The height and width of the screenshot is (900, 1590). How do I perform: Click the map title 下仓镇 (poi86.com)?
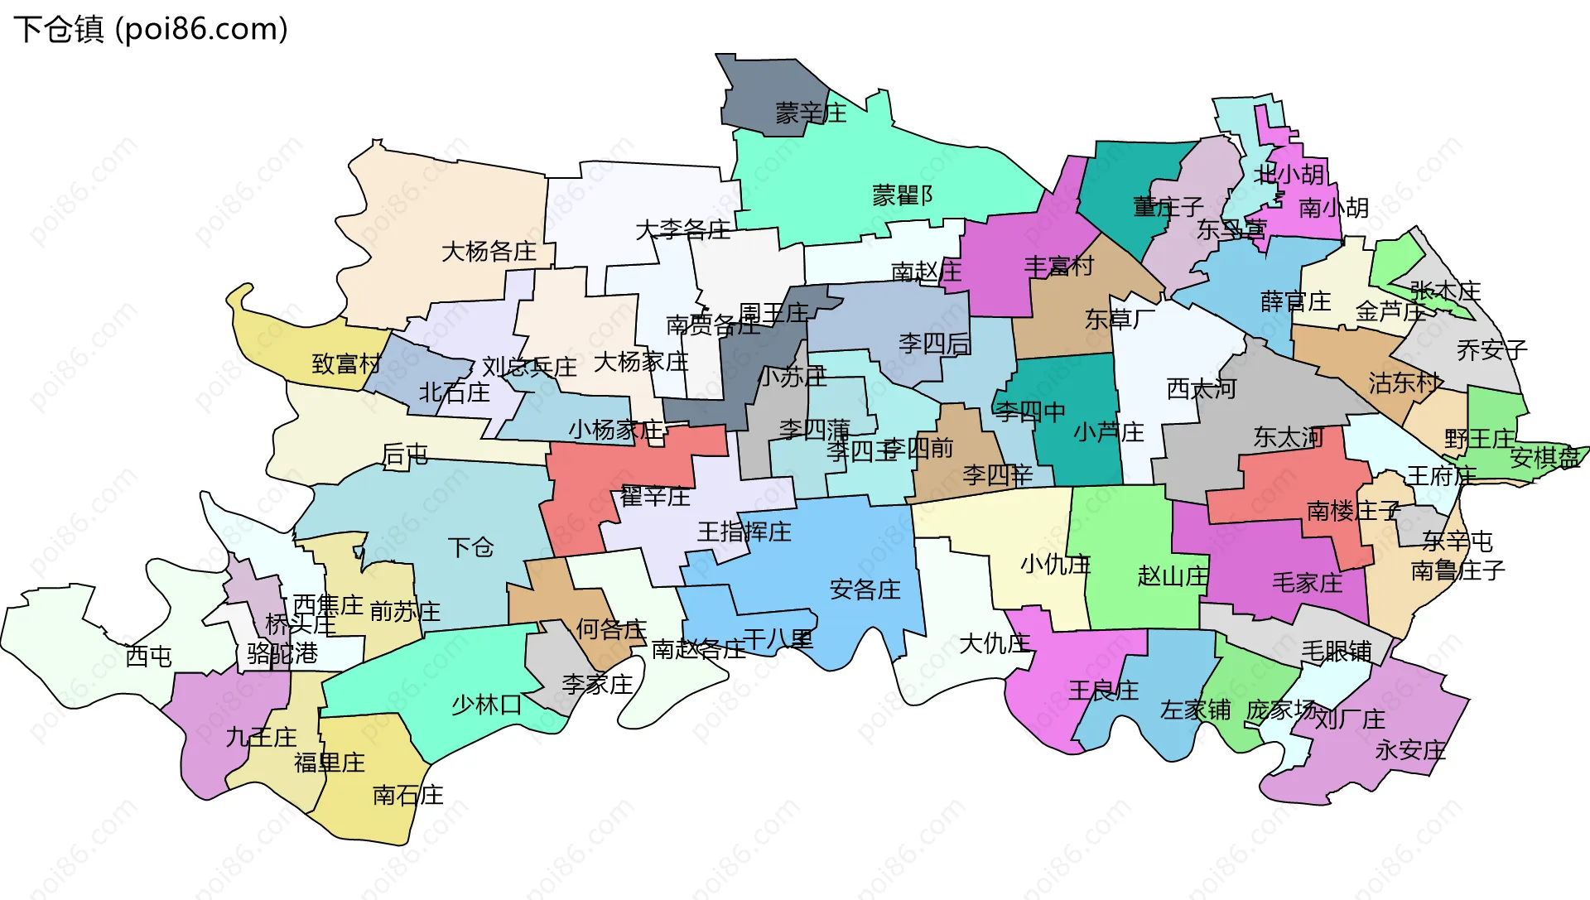click(x=151, y=29)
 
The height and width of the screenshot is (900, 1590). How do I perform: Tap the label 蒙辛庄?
click(x=811, y=113)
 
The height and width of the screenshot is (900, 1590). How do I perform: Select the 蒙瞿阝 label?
click(x=903, y=195)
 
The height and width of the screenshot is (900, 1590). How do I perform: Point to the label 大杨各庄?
click(x=489, y=251)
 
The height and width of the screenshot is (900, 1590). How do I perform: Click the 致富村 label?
click(x=346, y=363)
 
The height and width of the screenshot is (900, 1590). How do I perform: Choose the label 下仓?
click(x=470, y=547)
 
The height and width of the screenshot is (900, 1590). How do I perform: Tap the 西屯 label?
click(x=148, y=657)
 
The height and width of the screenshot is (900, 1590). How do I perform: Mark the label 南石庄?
click(x=407, y=796)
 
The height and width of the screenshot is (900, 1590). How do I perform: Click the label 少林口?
click(x=486, y=705)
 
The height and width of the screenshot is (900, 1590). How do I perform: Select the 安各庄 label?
click(x=865, y=590)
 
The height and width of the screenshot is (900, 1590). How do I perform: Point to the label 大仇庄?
click(x=994, y=643)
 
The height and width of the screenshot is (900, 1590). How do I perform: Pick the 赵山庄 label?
click(x=1173, y=575)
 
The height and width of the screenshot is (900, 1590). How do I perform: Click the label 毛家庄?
click(x=1307, y=583)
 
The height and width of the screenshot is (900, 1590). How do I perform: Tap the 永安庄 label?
click(x=1409, y=750)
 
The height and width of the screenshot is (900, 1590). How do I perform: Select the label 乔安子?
click(x=1491, y=350)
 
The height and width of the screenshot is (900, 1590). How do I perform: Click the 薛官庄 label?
click(x=1295, y=301)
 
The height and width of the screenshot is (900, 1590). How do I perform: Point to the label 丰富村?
click(x=1058, y=267)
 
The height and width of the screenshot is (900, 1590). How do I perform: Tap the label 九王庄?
click(x=261, y=737)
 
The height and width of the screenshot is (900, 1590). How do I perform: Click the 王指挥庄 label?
click(x=744, y=532)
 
